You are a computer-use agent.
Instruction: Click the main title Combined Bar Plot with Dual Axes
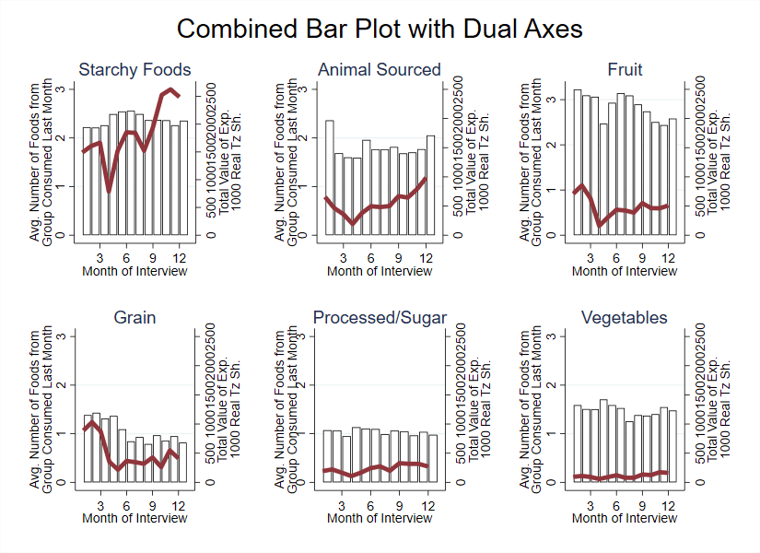pos(380,29)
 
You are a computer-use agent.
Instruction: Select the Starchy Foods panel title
pos(134,70)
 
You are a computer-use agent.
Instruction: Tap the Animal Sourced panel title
pos(380,70)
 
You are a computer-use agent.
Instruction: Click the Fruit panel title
pos(625,70)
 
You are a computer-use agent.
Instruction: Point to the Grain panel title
pos(134,318)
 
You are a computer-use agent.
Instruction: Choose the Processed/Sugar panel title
pos(380,318)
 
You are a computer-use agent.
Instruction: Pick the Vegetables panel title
pos(625,318)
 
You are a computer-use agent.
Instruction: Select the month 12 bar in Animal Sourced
pos(430,185)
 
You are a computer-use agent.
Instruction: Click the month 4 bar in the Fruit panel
pos(603,180)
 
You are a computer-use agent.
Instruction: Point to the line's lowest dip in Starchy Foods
pos(110,190)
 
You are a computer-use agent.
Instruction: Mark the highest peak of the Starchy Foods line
pos(170,89)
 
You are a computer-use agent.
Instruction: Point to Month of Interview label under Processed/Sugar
pos(380,519)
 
